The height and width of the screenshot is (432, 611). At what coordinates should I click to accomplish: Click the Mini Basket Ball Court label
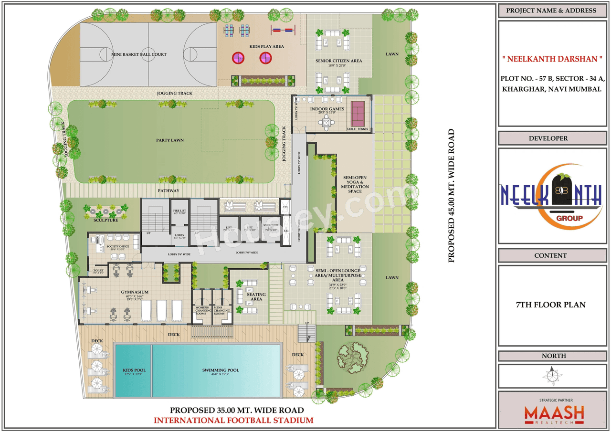pyautogui.click(x=139, y=54)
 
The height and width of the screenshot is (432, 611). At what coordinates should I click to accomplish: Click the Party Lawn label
pyautogui.click(x=170, y=140)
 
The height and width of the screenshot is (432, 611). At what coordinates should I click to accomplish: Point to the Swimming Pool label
pyautogui.click(x=220, y=370)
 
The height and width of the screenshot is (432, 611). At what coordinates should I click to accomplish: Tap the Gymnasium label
pyautogui.click(x=134, y=292)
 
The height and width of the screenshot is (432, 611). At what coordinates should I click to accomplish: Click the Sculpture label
pyautogui.click(x=105, y=221)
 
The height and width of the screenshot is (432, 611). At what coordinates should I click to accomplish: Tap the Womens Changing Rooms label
pyautogui.click(x=201, y=310)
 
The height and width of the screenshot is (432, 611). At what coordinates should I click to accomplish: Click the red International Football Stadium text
pyautogui.click(x=234, y=420)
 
